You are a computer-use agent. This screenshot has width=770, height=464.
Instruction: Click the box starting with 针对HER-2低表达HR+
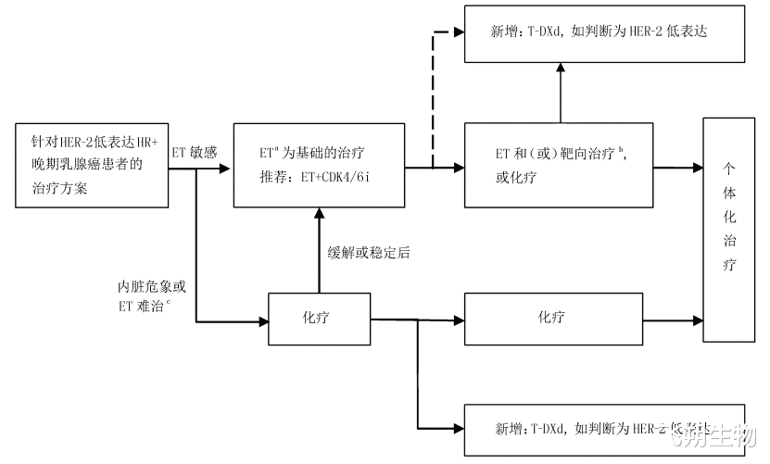(91, 163)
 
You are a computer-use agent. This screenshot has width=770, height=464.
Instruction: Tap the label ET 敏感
(194, 152)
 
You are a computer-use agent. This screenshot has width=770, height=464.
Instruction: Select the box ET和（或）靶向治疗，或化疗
(558, 164)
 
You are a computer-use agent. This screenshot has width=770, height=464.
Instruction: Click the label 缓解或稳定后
(368, 251)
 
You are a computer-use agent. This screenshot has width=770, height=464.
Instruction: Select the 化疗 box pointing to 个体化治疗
(552, 319)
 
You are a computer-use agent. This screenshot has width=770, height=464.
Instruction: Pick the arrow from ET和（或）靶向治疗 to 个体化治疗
(677, 167)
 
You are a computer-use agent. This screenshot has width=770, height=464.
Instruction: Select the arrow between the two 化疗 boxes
(417, 320)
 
